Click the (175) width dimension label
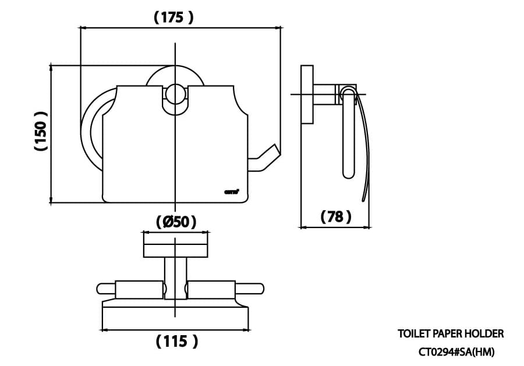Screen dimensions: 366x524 click(x=174, y=17)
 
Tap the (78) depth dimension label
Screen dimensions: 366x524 click(x=336, y=217)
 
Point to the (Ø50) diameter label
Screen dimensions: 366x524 click(x=176, y=222)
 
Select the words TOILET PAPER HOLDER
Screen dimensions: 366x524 click(x=450, y=333)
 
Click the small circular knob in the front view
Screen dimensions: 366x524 click(x=175, y=95)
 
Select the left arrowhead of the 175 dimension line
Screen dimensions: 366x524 click(x=83, y=27)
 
